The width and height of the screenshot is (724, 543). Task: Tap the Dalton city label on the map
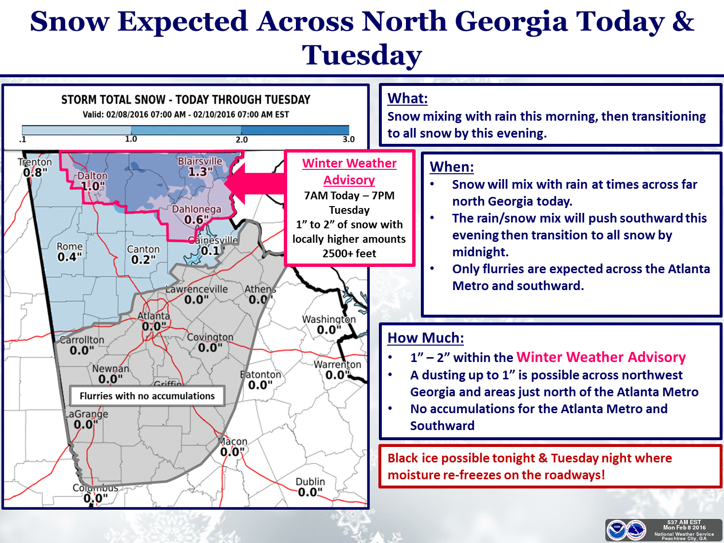pyautogui.click(x=93, y=176)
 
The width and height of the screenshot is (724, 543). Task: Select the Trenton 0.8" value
pyautogui.click(x=35, y=172)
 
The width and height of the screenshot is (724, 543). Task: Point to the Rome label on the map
pyautogui.click(x=70, y=246)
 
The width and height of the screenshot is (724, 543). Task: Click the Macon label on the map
pyautogui.click(x=233, y=441)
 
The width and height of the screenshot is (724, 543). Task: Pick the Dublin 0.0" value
pyautogui.click(x=310, y=492)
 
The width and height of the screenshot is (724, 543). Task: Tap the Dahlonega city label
pyautogui.click(x=196, y=209)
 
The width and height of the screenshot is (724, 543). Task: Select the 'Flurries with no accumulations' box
pyautogui.click(x=147, y=396)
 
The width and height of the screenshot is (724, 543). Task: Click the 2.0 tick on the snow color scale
pyautogui.click(x=241, y=139)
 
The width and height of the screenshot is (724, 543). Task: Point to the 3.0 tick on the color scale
pyautogui.click(x=348, y=139)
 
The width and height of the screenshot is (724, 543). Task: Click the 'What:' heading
pyautogui.click(x=407, y=98)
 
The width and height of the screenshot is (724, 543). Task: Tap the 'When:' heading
pyautogui.click(x=451, y=167)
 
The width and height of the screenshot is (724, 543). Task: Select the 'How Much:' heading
pyautogui.click(x=425, y=338)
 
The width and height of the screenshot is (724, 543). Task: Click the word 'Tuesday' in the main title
pyautogui.click(x=362, y=55)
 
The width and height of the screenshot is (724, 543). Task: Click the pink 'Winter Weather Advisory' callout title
pyautogui.click(x=349, y=171)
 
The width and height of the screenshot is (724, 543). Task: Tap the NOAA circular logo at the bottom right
pyautogui.click(x=617, y=530)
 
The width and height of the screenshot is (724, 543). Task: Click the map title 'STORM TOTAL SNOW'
pyautogui.click(x=113, y=100)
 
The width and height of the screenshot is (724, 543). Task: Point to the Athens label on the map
pyautogui.click(x=260, y=289)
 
